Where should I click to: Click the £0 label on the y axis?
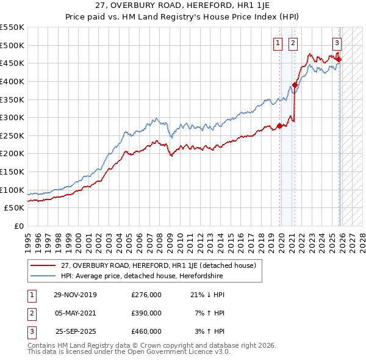coord(18,226)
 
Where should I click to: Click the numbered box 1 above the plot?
coord(278,43)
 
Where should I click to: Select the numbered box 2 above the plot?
coord(293,43)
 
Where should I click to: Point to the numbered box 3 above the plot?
coord(337,43)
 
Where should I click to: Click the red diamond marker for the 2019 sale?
coord(279,126)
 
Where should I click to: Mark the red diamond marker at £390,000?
coord(294,85)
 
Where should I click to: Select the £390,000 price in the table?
coord(146,313)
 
